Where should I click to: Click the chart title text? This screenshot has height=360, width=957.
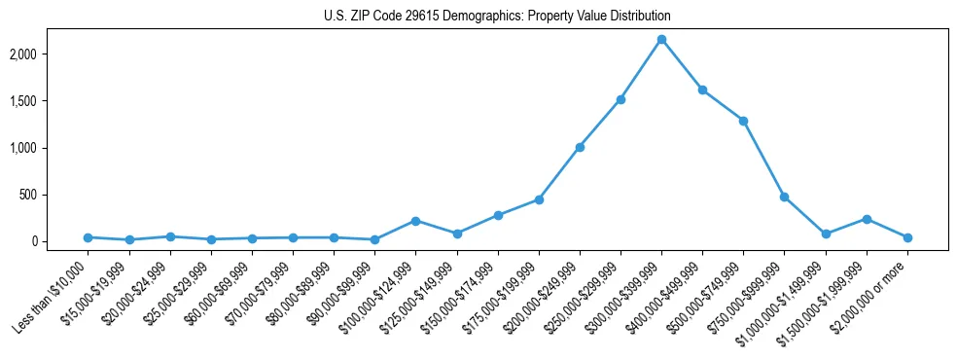pyautogui.click(x=497, y=17)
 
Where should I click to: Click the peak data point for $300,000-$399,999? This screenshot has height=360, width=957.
pyautogui.click(x=661, y=40)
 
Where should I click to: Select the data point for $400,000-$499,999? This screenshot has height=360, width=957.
pyautogui.click(x=702, y=90)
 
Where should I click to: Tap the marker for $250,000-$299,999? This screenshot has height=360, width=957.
pyautogui.click(x=620, y=99)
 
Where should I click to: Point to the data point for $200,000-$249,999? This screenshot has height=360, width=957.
pyautogui.click(x=580, y=147)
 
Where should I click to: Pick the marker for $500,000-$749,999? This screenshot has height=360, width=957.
pyautogui.click(x=743, y=121)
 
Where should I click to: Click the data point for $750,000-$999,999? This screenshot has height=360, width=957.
pyautogui.click(x=784, y=197)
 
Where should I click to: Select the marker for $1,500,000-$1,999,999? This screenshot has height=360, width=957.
pyautogui.click(x=867, y=219)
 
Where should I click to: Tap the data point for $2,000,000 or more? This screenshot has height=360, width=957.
pyautogui.click(x=907, y=237)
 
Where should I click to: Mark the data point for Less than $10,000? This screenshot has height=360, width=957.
pyautogui.click(x=88, y=237)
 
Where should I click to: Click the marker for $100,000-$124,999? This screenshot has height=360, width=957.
pyautogui.click(x=415, y=221)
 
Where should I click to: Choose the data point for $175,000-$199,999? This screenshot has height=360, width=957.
pyautogui.click(x=539, y=199)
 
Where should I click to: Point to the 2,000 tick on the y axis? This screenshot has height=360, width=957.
pyautogui.click(x=50, y=54)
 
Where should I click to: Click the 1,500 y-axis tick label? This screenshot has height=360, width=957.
pyautogui.click(x=50, y=101)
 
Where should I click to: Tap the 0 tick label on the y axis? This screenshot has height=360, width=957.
pyautogui.click(x=60, y=241)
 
